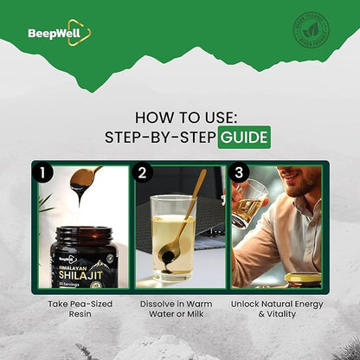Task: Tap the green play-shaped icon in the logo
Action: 84,33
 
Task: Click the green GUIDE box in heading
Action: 242,137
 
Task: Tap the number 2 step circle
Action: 145,172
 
